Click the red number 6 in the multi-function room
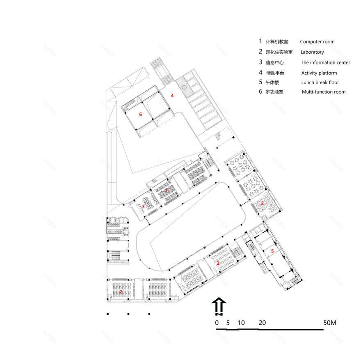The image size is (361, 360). pyautogui.click(x=140, y=115)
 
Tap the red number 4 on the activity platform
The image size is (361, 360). pyautogui.click(x=173, y=96)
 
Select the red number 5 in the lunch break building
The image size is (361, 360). pyautogui.click(x=272, y=250)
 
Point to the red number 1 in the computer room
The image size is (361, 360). pyautogui.click(x=167, y=191)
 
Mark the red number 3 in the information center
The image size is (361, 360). pyautogui.click(x=143, y=206)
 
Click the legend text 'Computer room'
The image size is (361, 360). pyautogui.click(x=317, y=42)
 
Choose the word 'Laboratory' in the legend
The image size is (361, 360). pyautogui.click(x=312, y=52)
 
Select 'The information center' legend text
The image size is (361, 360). pyautogui.click(x=325, y=63)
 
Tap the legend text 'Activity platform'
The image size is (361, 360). pyautogui.click(x=319, y=73)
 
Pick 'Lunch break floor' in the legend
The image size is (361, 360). pyautogui.click(x=320, y=83)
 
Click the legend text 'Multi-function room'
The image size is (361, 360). pyautogui.click(x=324, y=92)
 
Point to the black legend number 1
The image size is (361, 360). pyautogui.click(x=260, y=41)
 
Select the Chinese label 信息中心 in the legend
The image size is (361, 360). pyautogui.click(x=274, y=63)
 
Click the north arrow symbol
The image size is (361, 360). pyautogui.click(x=219, y=306)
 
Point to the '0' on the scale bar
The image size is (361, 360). pyautogui.click(x=217, y=323)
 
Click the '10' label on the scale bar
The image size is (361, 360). pyautogui.click(x=241, y=323)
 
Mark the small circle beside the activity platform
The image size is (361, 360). pyautogui.click(x=185, y=87)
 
